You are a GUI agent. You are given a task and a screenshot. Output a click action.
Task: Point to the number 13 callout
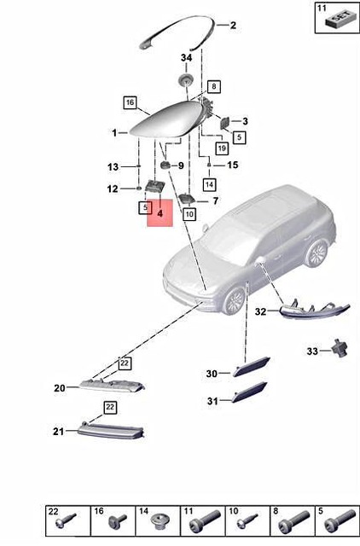(x=113, y=166)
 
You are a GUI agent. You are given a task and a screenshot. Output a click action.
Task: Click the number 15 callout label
(x=232, y=165)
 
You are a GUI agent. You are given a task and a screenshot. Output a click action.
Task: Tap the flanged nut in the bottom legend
(x=157, y=520)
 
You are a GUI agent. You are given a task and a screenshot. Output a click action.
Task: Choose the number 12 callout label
(x=113, y=189)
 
